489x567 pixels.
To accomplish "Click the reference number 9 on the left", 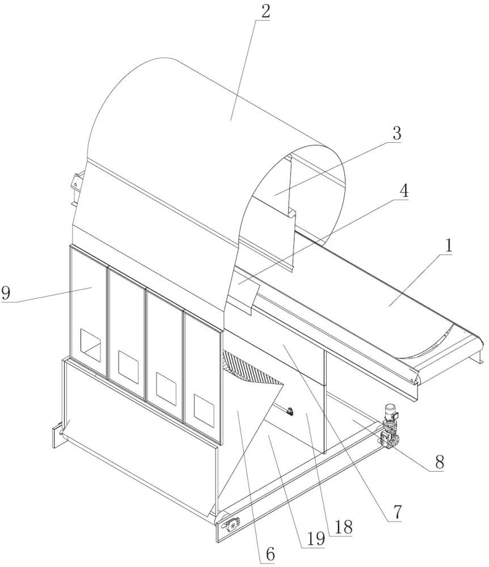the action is point(6,293).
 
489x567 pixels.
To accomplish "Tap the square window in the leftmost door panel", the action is point(90,343).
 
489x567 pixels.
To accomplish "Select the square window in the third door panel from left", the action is point(166,385).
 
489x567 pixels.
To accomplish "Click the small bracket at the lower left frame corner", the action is point(57,431).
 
